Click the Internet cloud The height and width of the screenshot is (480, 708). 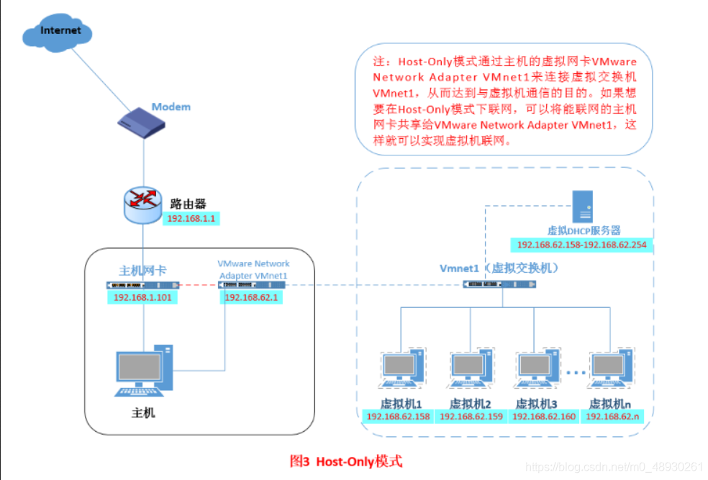(58, 32)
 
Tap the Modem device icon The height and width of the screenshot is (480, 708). (141, 123)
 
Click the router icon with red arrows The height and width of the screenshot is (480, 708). (142, 205)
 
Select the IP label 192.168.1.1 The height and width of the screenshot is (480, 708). (191, 219)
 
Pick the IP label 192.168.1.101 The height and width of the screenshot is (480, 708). (142, 297)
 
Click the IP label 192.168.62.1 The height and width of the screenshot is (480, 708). (252, 297)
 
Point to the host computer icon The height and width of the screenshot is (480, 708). (145, 371)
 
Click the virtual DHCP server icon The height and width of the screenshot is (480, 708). (583, 206)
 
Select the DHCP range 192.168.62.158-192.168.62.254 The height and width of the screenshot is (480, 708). (581, 245)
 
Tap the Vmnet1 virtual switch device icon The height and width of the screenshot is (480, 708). (499, 284)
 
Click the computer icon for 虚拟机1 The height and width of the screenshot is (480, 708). (402, 368)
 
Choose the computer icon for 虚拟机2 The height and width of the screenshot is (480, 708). (471, 368)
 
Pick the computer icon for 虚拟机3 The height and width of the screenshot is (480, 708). (537, 368)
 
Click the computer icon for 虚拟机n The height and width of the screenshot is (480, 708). (611, 368)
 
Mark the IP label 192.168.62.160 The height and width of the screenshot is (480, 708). (544, 417)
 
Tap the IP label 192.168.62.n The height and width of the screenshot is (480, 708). (612, 417)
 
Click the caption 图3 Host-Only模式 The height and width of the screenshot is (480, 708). (346, 461)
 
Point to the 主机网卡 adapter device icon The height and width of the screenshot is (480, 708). (142, 285)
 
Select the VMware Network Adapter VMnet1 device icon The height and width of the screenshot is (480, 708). (252, 285)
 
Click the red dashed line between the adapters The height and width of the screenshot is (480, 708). (199, 285)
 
